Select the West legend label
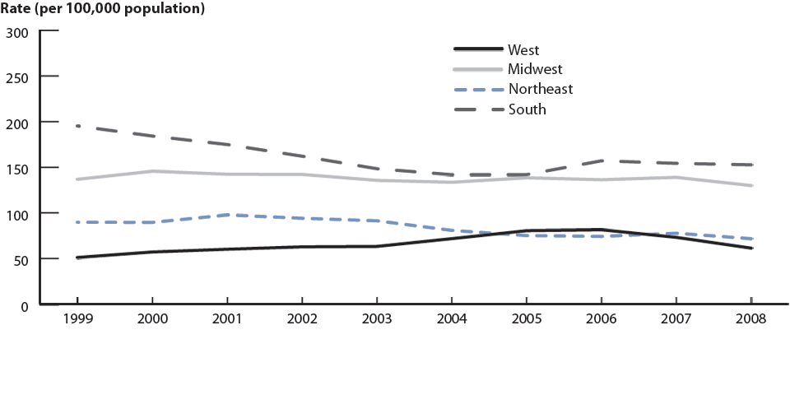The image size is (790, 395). [523, 50]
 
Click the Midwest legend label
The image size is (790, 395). [535, 69]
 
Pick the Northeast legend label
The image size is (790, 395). [540, 89]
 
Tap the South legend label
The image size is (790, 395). [527, 109]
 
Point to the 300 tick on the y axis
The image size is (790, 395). [17, 33]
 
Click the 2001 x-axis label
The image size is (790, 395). [227, 318]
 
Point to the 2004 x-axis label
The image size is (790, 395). [452, 318]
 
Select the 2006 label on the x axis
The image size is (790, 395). [602, 318]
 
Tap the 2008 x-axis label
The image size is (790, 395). [750, 318]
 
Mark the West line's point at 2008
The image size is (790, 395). [750, 248]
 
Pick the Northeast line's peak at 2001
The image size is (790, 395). [227, 215]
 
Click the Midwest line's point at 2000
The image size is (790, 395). [152, 171]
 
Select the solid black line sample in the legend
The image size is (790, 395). [478, 50]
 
